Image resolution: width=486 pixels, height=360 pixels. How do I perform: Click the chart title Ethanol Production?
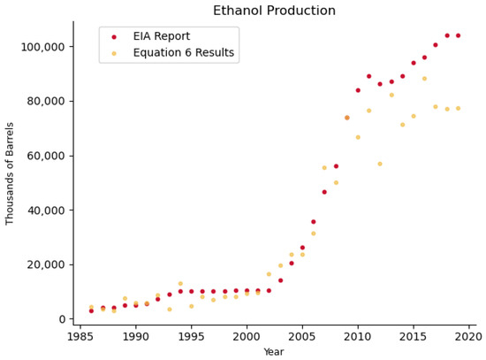274,11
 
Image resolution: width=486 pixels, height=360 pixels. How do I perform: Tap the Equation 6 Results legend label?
184,53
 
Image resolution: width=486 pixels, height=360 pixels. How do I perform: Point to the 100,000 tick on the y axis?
42,47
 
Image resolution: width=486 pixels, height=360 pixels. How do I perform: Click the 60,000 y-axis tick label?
46,156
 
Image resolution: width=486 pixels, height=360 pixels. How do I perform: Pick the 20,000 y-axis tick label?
46,264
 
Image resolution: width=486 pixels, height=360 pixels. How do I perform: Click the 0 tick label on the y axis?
63,319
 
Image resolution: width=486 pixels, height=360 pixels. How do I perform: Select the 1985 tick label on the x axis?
80,337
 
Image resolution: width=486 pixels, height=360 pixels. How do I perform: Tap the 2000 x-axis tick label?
247,337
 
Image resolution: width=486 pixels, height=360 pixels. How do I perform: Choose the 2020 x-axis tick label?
468,337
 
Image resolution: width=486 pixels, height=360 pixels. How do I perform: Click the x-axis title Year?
274,352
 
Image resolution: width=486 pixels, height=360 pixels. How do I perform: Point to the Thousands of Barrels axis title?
10,173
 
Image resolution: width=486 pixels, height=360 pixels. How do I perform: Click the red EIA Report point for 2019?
458,35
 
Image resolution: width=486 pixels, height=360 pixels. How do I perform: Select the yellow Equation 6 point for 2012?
380,164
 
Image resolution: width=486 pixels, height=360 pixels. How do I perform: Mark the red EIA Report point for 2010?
358,90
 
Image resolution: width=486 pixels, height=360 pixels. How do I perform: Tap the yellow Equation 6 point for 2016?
425,79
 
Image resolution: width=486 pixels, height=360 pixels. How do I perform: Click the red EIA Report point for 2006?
314,222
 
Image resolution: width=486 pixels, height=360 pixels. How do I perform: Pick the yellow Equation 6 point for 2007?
324,168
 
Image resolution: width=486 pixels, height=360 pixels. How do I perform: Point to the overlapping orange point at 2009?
347,118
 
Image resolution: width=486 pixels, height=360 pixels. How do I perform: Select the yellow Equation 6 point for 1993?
170,310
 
